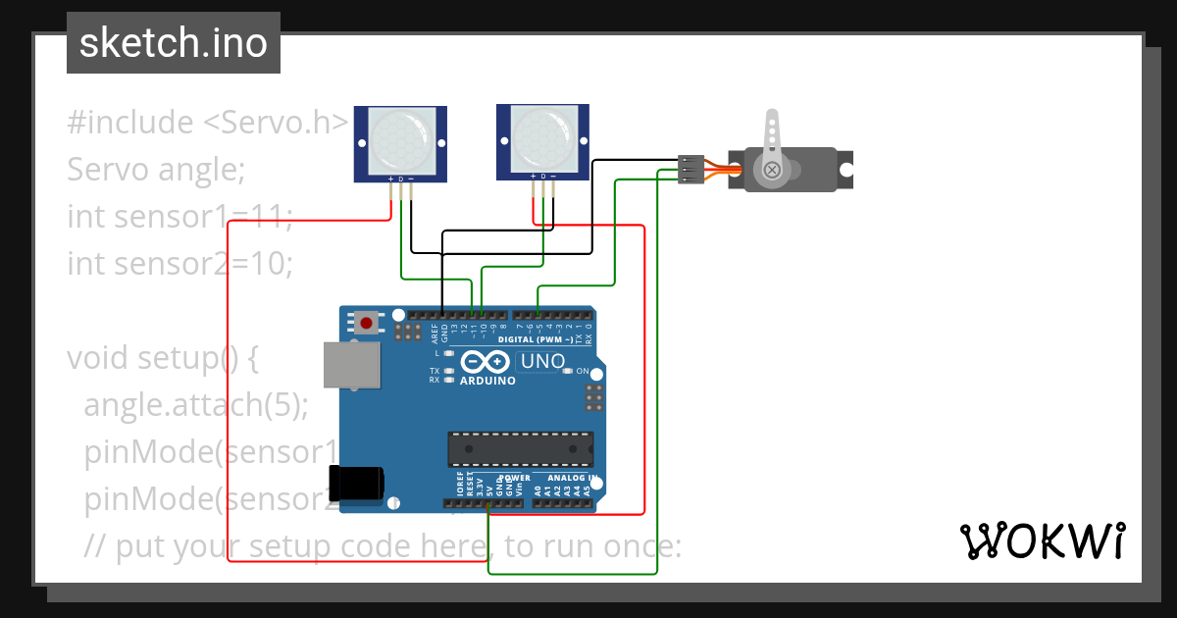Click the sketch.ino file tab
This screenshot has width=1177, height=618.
tap(173, 43)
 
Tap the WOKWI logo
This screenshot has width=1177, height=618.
tap(1042, 541)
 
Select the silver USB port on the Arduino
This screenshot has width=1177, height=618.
tap(351, 365)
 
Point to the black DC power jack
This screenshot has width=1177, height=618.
tap(357, 485)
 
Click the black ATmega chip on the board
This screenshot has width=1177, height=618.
tap(520, 448)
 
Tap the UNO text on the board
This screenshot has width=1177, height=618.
tap(542, 361)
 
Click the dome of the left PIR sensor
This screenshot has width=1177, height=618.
tap(399, 141)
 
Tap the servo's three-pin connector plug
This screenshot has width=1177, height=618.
tap(691, 169)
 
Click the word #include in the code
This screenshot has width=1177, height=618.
tap(130, 123)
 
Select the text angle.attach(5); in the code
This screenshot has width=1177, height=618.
tap(196, 405)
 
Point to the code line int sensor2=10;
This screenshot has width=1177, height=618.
tap(179, 264)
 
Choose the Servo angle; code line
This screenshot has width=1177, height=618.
tap(155, 170)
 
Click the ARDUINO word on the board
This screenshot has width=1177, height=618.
tap(487, 380)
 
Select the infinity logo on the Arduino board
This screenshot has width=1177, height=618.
tap(486, 362)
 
